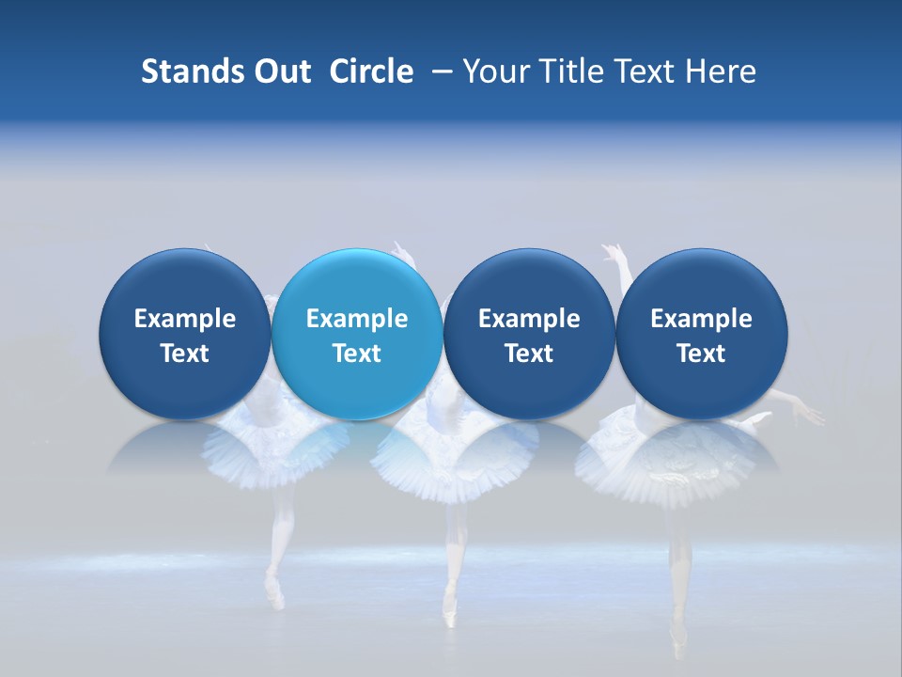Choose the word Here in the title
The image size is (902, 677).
point(723,71)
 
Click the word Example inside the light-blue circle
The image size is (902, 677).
point(357,319)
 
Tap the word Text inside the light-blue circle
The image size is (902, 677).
point(357,354)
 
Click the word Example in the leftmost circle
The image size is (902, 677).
point(184,319)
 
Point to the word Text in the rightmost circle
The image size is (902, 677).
point(702,354)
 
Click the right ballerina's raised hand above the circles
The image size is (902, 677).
point(614,252)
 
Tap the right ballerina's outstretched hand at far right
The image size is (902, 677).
point(810,414)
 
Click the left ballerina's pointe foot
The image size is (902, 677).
point(274,592)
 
